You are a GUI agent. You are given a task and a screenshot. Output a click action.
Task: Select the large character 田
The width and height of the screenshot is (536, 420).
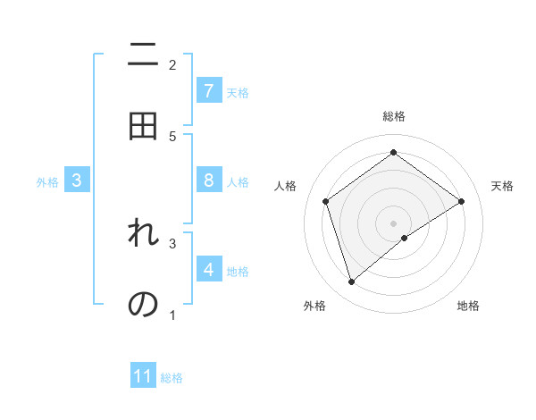point(143,126)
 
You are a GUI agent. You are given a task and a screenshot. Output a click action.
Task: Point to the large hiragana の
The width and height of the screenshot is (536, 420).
point(143,304)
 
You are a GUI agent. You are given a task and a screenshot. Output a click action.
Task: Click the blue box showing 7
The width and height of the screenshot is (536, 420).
point(209,91)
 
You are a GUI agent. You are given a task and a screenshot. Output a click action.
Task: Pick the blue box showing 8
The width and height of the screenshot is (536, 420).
point(209,181)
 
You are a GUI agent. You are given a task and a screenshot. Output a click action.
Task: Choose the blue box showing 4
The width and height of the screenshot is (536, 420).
point(209,269)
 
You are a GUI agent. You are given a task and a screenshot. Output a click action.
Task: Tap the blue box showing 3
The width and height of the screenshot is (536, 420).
point(77,181)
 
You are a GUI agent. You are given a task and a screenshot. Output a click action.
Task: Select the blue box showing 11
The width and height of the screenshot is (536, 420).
point(143,376)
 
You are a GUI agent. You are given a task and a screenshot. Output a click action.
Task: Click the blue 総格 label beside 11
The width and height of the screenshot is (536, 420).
point(172,378)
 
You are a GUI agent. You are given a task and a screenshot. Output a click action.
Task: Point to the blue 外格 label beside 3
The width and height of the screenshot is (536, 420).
point(47,182)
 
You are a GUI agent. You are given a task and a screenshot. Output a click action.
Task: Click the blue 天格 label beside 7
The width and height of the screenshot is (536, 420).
point(238,93)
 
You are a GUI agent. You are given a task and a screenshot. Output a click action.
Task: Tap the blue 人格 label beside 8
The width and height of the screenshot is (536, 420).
point(238,182)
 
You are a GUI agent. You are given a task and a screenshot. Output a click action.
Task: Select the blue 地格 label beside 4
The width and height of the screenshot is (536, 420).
point(238,272)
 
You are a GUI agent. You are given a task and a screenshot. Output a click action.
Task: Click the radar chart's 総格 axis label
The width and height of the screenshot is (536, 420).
point(394,116)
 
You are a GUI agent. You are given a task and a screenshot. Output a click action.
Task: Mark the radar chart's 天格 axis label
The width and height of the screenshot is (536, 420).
point(502,186)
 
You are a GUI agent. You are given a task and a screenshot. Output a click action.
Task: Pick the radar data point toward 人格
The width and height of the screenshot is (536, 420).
point(326,201)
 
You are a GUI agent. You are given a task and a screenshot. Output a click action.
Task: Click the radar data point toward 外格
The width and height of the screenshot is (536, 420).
point(352,282)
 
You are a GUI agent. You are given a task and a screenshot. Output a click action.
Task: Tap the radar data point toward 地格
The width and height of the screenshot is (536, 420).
point(405,238)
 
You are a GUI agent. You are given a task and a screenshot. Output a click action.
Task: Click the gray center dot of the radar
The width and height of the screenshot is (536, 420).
point(394,223)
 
